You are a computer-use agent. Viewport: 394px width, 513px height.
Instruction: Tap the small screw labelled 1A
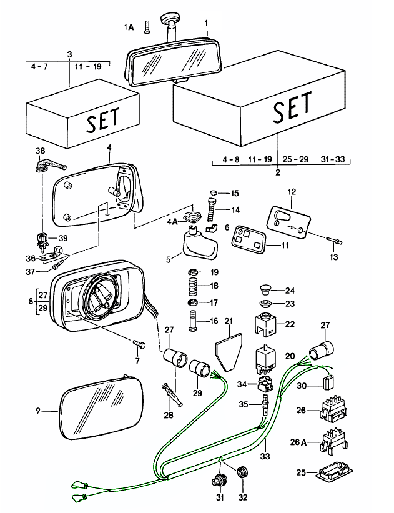(x=147, y=27)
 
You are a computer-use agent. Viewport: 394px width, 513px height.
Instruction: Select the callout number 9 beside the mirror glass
(x=38, y=411)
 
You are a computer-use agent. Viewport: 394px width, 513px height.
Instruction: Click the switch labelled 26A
(x=335, y=442)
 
